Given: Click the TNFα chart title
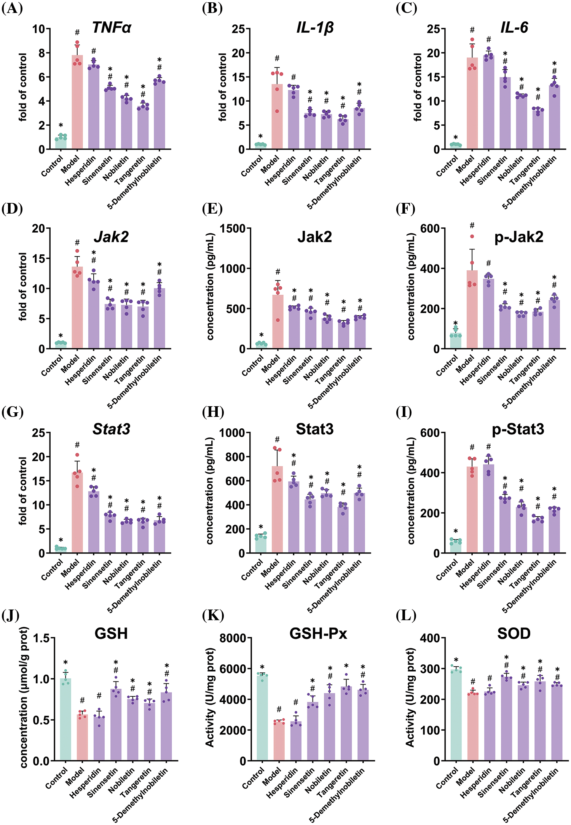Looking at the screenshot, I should (x=112, y=27).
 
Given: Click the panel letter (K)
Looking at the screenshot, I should (x=213, y=615).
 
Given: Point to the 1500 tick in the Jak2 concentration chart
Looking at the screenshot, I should (x=233, y=228).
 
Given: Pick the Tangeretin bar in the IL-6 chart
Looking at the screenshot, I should (x=538, y=129).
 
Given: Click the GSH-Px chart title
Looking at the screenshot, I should (x=318, y=634).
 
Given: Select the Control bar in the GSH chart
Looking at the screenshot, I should (x=65, y=720).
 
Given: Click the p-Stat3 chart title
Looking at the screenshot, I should (x=518, y=429).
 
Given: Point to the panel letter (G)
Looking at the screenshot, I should (x=12, y=412).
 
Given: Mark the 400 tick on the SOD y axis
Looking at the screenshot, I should (x=430, y=638).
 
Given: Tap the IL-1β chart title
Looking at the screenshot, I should (x=315, y=27).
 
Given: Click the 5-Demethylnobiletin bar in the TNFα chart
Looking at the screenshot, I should (x=159, y=114).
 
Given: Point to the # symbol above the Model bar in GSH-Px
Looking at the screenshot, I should (x=279, y=709).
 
